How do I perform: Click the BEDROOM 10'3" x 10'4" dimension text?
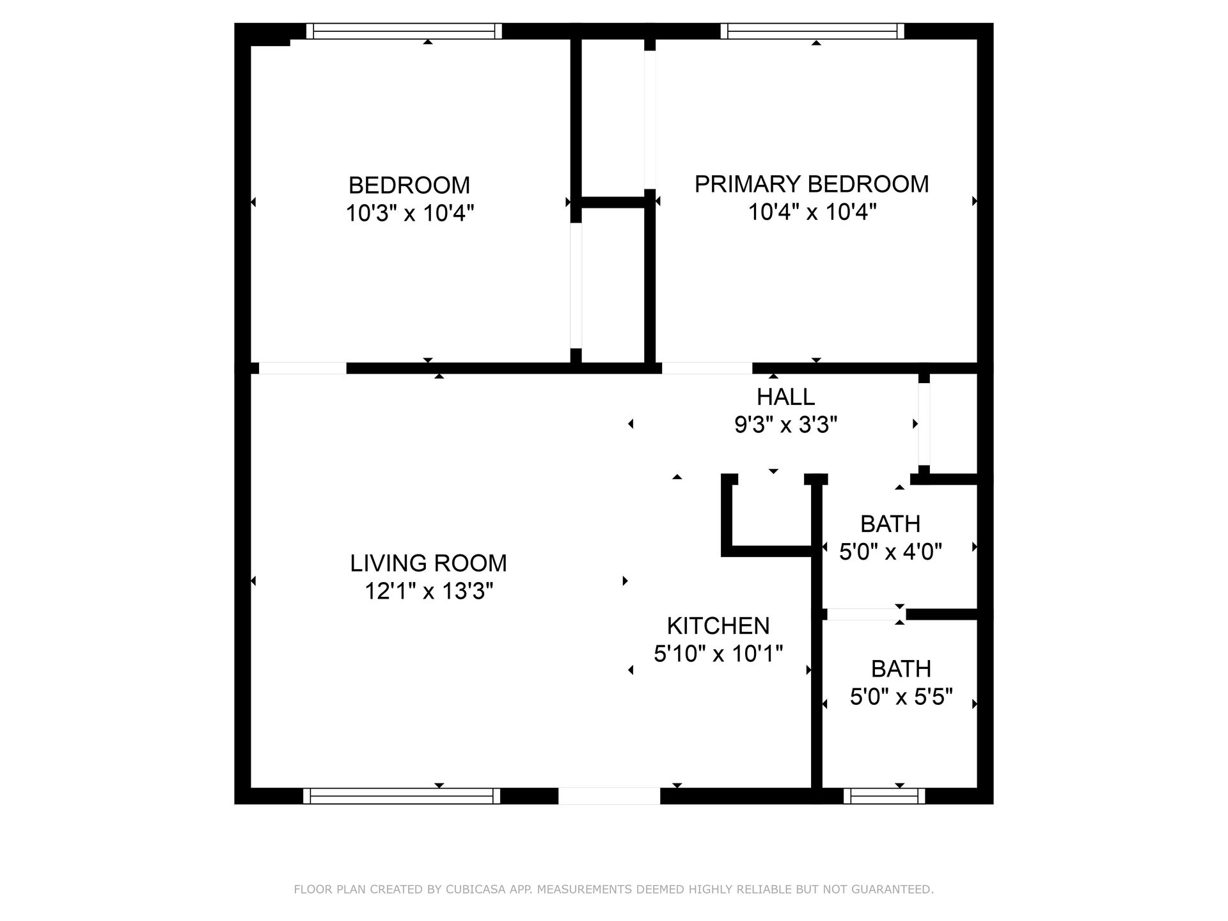tap(410, 213)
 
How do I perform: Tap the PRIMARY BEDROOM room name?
tap(812, 184)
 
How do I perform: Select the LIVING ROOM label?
tap(429, 563)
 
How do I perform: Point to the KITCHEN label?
tap(718, 626)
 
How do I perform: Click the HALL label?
tap(785, 397)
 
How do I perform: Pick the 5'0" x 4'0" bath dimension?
tap(890, 551)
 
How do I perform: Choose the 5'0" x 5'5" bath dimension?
tap(901, 697)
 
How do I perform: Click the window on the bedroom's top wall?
tap(404, 31)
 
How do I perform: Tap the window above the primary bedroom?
tap(812, 31)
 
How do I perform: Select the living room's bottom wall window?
tap(402, 796)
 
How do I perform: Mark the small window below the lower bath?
tap(884, 796)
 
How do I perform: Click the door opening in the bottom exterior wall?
tap(609, 796)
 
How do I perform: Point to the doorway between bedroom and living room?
tap(303, 368)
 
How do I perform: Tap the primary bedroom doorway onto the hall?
tap(707, 368)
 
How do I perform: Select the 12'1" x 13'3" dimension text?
tap(429, 591)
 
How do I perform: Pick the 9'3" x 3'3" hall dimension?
tap(785, 425)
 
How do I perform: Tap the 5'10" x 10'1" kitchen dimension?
tap(718, 654)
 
